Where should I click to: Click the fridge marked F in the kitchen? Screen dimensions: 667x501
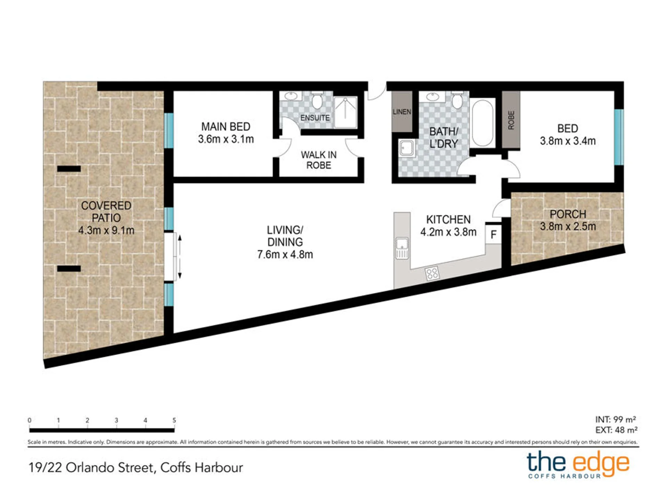pyautogui.click(x=493, y=234)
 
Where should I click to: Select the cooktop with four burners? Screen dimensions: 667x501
pyautogui.click(x=432, y=273)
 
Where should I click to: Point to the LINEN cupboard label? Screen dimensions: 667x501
pyautogui.click(x=402, y=112)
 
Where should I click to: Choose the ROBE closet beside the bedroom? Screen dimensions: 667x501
pyautogui.click(x=511, y=120)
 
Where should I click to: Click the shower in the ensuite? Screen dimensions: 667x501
pyautogui.click(x=345, y=112)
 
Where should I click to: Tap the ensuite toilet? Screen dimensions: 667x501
pyautogui.click(x=316, y=100)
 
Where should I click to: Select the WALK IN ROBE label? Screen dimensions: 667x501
pyautogui.click(x=319, y=160)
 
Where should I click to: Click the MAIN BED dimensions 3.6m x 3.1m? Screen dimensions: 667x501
pyautogui.click(x=226, y=139)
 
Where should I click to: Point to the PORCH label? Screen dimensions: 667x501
pyautogui.click(x=568, y=214)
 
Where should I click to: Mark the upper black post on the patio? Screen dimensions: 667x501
pyautogui.click(x=69, y=169)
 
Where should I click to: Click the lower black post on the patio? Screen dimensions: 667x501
pyautogui.click(x=69, y=269)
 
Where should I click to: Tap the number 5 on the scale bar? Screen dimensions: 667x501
pyautogui.click(x=174, y=420)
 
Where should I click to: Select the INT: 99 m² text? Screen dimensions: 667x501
pyautogui.click(x=616, y=419)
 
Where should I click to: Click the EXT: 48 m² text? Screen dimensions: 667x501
pyautogui.click(x=616, y=430)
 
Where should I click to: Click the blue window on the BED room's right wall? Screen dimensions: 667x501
pyautogui.click(x=619, y=137)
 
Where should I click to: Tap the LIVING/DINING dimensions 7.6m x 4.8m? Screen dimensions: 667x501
pyautogui.click(x=285, y=255)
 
